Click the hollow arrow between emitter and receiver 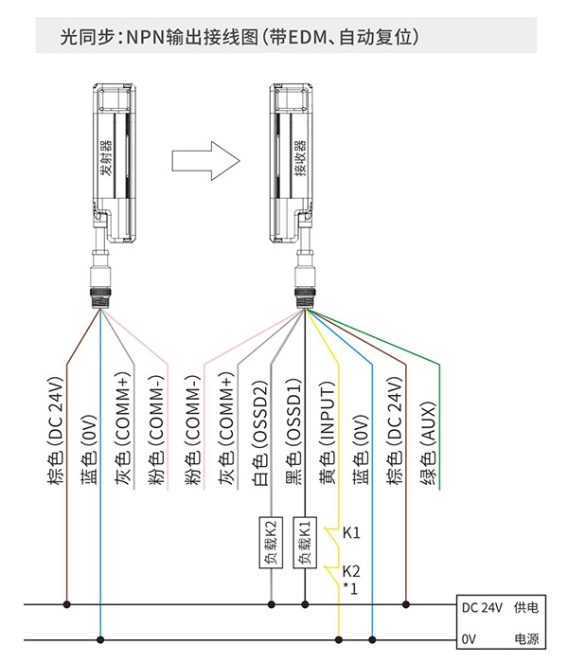tap(205, 161)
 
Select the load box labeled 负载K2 tap(271, 542)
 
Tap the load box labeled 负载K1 tap(305, 542)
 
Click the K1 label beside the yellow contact tap(351, 532)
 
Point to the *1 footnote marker tap(350, 588)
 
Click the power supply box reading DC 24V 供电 tap(501, 622)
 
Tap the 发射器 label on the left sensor tap(106, 158)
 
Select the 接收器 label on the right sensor tap(300, 158)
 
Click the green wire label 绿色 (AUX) tap(428, 443)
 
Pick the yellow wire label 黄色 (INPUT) tap(327, 433)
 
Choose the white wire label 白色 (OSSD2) tap(260, 433)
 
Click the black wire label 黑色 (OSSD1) tap(293, 431)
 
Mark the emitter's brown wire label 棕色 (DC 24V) tap(56, 430)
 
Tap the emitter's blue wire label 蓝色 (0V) tap(89, 450)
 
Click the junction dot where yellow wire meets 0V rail tap(339, 639)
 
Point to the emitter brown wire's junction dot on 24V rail tap(66, 604)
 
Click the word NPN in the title tap(146, 37)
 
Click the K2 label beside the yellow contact tap(351, 571)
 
